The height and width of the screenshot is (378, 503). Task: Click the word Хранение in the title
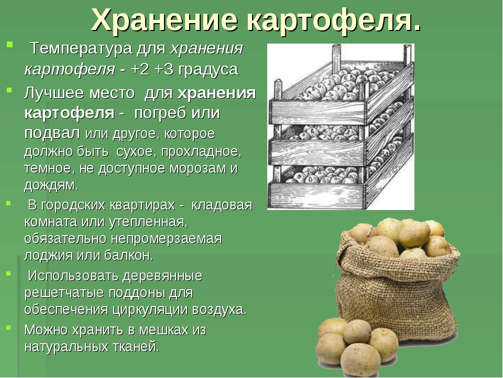click(x=165, y=20)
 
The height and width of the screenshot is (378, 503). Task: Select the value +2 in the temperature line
click(x=140, y=70)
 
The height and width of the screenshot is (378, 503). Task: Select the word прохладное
click(x=201, y=152)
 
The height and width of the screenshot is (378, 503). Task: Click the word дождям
click(x=51, y=186)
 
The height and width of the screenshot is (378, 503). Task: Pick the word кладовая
click(x=222, y=205)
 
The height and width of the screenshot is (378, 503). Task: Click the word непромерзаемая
click(x=167, y=239)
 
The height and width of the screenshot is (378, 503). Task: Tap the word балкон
click(x=128, y=256)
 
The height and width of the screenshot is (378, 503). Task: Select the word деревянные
click(x=162, y=276)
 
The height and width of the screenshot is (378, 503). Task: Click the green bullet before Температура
click(x=9, y=44)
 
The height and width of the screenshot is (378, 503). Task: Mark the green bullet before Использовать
click(x=9, y=274)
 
